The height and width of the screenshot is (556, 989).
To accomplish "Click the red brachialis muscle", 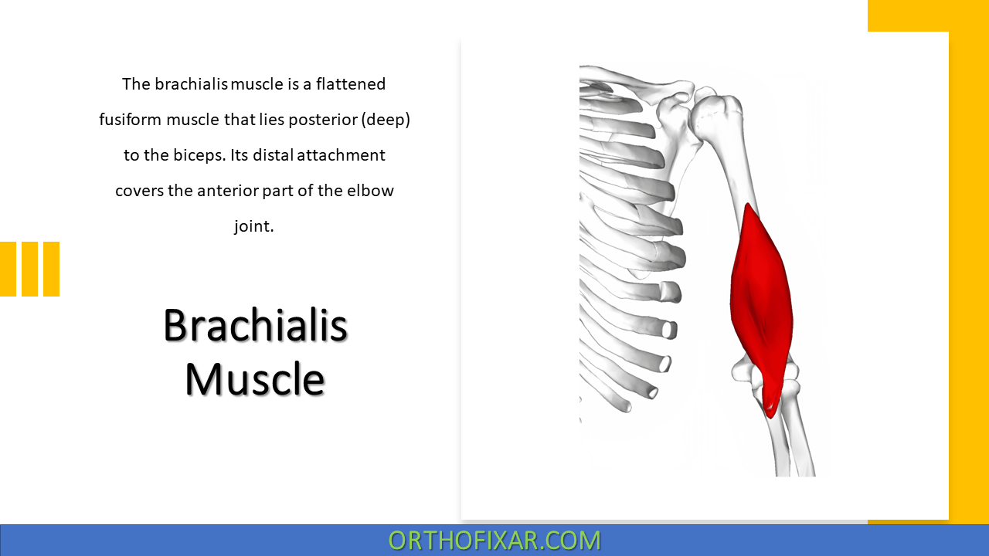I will point(760,293).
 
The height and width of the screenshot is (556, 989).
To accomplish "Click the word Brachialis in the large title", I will point(255,325).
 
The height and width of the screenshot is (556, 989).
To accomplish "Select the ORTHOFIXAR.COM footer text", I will point(494,540).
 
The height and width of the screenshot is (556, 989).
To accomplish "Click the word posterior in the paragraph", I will point(321,120).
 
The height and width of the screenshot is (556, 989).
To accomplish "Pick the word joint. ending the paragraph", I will point(254,226).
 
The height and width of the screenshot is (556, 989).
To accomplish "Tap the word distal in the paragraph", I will point(272,155).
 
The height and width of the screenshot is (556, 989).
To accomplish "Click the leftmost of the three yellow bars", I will point(8,269).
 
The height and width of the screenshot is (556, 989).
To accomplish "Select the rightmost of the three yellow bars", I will point(51,269).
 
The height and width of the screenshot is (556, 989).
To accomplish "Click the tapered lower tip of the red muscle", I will point(770,409).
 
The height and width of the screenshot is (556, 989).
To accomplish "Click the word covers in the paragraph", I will point(139,191).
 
